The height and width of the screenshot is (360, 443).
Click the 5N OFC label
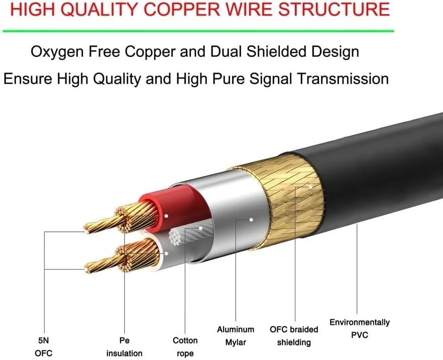pyautogui.click(x=44, y=346)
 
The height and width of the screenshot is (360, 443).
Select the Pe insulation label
pyautogui.click(x=124, y=346)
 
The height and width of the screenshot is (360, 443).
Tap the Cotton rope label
pyautogui.click(x=185, y=347)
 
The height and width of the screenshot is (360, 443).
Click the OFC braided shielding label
pyautogui.click(x=294, y=336)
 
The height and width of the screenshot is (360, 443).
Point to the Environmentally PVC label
pyautogui.click(x=359, y=328)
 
